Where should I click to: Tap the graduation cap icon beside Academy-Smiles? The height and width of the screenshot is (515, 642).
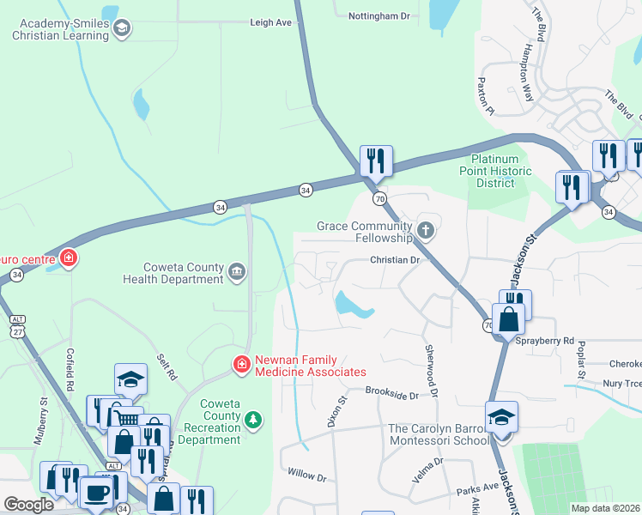tap(122, 29)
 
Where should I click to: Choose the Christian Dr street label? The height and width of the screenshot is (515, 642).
tap(393, 259)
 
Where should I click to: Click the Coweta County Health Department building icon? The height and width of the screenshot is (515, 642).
tap(238, 273)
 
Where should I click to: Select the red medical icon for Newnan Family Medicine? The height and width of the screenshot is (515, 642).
tap(242, 365)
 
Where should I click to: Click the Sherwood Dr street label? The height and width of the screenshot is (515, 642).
tap(432, 369)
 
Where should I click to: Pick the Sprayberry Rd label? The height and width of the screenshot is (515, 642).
tap(545, 341)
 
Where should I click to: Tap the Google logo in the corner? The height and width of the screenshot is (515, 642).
tap(28, 504)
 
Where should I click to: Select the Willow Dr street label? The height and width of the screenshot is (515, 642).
tap(307, 474)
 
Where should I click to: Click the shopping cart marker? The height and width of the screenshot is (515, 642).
tap(126, 418)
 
